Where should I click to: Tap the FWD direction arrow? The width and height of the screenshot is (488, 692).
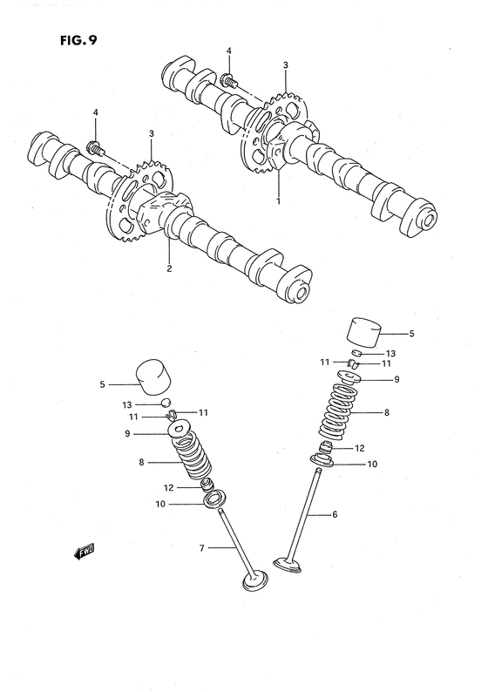point(84,551)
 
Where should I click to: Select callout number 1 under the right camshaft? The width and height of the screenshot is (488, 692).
point(280,200)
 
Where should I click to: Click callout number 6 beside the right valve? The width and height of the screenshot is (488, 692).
point(334,514)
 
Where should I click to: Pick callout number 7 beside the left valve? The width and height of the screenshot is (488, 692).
point(201,547)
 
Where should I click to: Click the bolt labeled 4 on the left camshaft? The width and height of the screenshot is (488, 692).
point(95,147)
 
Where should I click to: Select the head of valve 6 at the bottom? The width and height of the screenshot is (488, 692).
point(289,566)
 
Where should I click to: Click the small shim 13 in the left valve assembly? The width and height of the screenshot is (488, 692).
point(163,403)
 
